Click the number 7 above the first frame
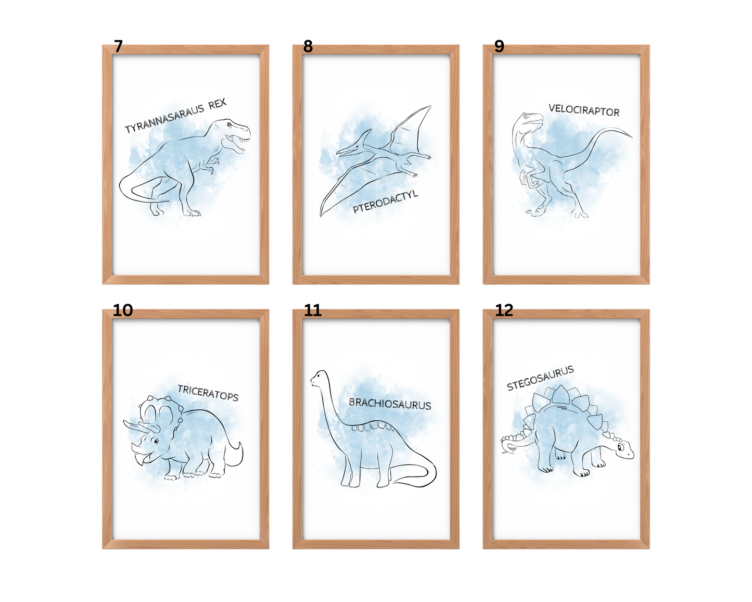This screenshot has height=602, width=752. (x=119, y=46)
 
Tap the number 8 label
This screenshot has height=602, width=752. (x=308, y=46)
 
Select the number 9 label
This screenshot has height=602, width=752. (x=500, y=46)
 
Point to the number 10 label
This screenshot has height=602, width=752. (x=123, y=310)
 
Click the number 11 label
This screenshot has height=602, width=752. (x=312, y=310)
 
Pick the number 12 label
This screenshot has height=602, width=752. (x=504, y=310)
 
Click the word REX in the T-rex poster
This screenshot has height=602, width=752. (x=218, y=104)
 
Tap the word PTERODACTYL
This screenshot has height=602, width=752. (x=385, y=202)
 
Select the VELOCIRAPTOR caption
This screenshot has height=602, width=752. (x=584, y=110)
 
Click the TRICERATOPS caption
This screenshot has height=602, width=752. (x=208, y=393)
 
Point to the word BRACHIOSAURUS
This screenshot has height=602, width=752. (x=390, y=404)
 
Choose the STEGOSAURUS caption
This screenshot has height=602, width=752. (x=540, y=378)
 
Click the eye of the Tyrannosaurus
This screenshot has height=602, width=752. (x=229, y=124)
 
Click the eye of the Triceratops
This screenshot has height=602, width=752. (x=156, y=441)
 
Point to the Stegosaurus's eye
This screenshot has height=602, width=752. (x=620, y=447)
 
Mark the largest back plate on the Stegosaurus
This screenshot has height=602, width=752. (x=561, y=396)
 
